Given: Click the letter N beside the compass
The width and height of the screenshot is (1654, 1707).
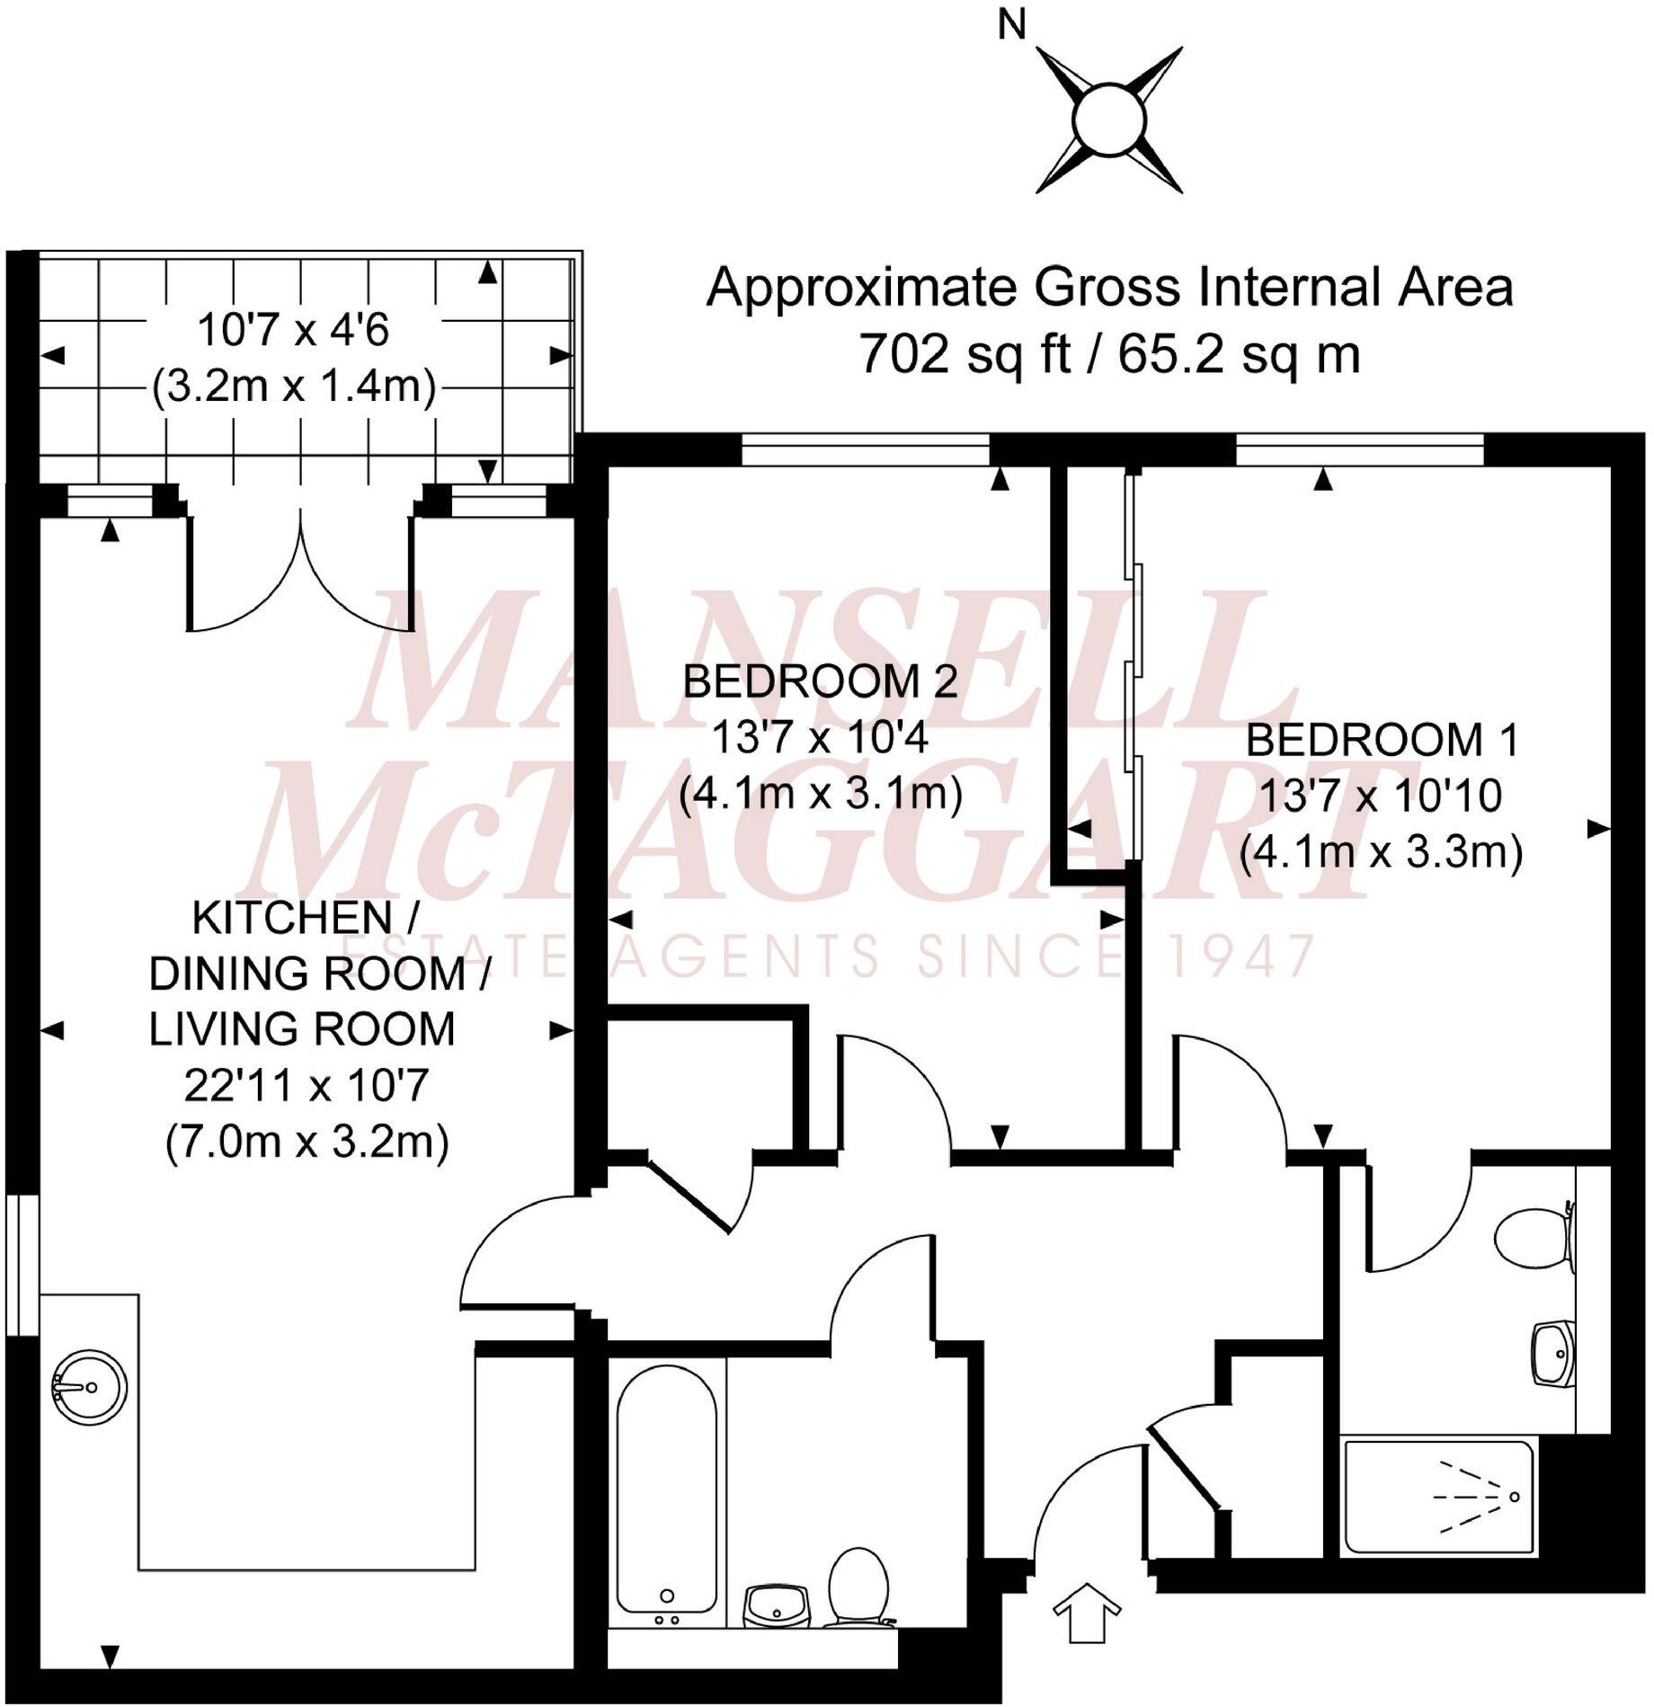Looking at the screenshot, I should click(1011, 26).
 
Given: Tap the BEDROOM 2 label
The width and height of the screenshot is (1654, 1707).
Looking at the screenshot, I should click(820, 682).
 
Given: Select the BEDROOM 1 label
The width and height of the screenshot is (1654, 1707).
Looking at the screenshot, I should click(1382, 741).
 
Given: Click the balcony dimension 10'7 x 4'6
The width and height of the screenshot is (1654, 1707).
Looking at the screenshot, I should click(293, 331).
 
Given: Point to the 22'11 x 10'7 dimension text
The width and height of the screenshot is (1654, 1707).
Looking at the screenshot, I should click(306, 1087).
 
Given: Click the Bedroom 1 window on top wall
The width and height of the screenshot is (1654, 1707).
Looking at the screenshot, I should click(1358, 449).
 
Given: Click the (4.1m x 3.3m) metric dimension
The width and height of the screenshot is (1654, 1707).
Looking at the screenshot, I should click(1381, 851).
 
